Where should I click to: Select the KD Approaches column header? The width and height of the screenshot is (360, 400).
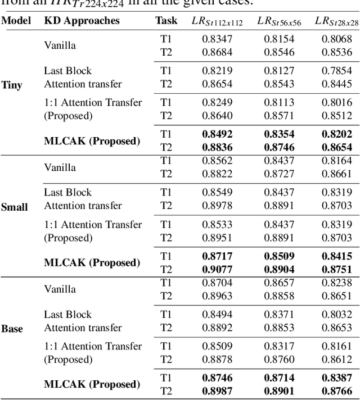click(x=82, y=21)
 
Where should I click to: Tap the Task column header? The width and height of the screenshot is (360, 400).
click(x=166, y=21)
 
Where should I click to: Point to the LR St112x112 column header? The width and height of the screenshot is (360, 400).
click(x=217, y=21)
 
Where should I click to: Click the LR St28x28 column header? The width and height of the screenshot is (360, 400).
click(x=336, y=21)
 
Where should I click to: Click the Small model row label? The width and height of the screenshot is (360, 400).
click(x=14, y=207)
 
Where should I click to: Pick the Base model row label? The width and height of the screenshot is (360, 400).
click(x=12, y=329)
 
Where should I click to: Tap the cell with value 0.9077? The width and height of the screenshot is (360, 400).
click(x=217, y=269)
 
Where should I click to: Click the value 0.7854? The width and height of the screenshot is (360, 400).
click(x=337, y=71)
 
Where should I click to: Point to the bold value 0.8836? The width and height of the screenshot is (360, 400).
click(x=217, y=147)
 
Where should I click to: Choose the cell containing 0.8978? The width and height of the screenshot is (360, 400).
click(x=217, y=206)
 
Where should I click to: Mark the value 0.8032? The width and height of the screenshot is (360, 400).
click(x=337, y=314)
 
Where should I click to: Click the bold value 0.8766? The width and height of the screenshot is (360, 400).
click(x=337, y=390)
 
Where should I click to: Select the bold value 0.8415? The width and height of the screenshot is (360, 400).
click(x=337, y=256)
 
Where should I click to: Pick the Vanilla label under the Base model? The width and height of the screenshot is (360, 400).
click(x=60, y=289)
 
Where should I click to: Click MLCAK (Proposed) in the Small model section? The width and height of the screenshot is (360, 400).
click(x=92, y=262)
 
